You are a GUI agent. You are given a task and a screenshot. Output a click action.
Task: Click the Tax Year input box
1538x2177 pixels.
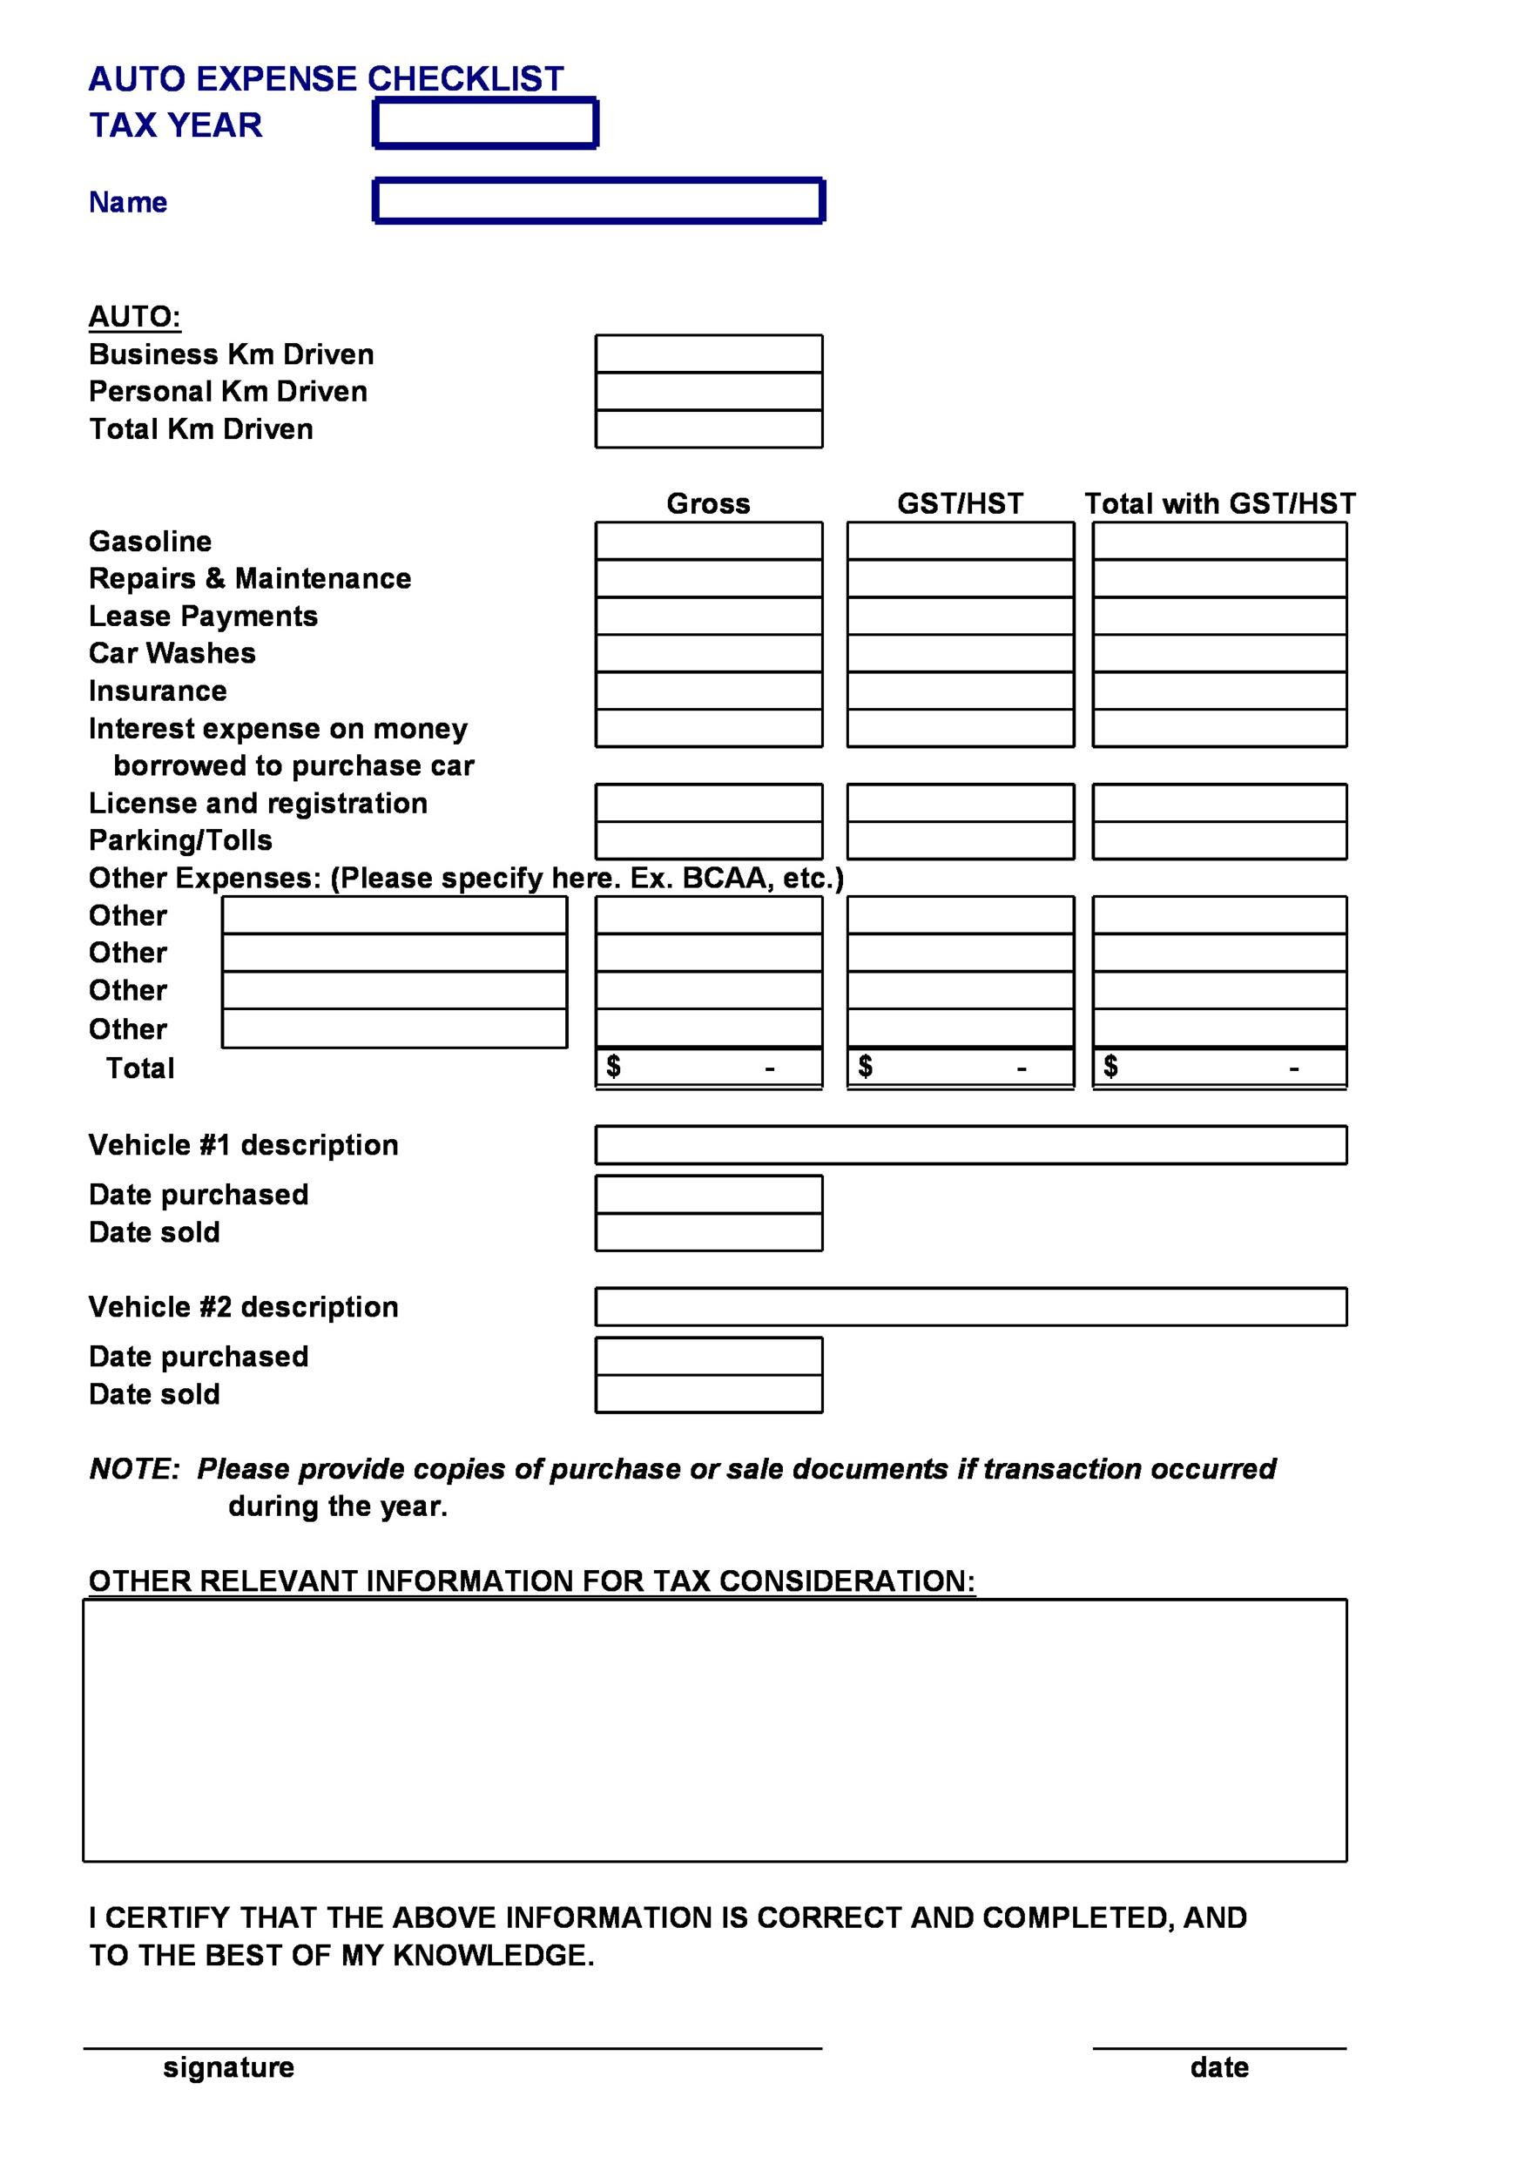click(484, 124)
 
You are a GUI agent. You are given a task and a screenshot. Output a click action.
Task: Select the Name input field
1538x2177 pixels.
click(598, 201)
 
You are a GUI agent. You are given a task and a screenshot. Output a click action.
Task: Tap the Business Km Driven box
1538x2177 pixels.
click(708, 354)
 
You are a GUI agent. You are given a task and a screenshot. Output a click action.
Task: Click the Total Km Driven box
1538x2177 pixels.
click(708, 428)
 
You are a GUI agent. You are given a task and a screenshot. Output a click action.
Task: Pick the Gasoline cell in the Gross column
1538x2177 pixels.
click(708, 542)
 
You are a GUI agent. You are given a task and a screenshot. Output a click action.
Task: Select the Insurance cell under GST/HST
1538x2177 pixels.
click(960, 691)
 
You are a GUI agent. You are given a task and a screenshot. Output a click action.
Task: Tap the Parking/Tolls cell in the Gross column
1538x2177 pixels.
click(708, 840)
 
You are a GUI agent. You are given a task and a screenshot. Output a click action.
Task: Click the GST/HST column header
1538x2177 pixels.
click(960, 503)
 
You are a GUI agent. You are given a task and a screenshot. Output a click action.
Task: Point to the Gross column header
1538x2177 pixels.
click(708, 503)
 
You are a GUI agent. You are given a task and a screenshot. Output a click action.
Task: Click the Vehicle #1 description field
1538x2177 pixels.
click(970, 1144)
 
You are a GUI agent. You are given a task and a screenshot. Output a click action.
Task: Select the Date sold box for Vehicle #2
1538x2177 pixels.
click(708, 1394)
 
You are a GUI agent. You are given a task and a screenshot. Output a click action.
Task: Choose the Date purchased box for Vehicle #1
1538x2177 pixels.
click(708, 1195)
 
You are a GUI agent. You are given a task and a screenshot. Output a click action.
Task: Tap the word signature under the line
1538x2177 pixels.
click(228, 2067)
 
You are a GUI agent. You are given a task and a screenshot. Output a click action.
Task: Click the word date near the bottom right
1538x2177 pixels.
click(1218, 2067)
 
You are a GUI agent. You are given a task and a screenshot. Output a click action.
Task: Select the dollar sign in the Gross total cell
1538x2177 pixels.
click(613, 1067)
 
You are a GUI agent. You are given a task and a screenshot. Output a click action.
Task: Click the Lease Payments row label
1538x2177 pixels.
click(203, 617)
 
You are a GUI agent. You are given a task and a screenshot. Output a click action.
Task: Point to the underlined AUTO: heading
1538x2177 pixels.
click(134, 317)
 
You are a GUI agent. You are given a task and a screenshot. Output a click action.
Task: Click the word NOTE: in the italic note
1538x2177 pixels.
click(134, 1469)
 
